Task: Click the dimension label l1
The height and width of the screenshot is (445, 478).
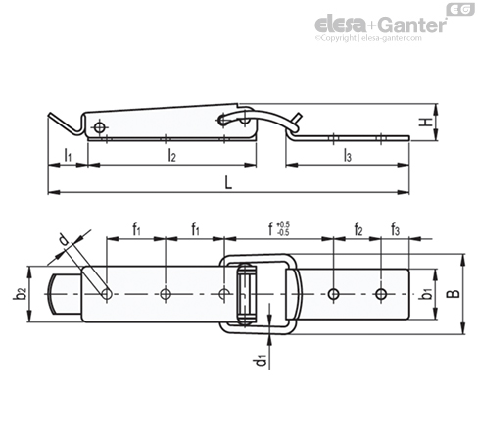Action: click(x=68, y=155)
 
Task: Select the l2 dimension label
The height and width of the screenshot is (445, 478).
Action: click(x=171, y=155)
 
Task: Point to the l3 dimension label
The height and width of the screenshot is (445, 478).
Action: click(x=348, y=156)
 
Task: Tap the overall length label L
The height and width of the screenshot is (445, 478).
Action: click(x=228, y=182)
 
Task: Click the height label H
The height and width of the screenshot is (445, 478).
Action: click(x=426, y=123)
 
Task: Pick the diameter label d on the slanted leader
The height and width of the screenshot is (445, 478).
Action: click(x=63, y=241)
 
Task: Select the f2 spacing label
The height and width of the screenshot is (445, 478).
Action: click(x=358, y=229)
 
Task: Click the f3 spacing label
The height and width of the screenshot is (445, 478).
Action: click(x=395, y=229)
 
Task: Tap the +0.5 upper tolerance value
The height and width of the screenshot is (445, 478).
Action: click(x=283, y=224)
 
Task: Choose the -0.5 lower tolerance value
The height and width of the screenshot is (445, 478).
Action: click(x=283, y=232)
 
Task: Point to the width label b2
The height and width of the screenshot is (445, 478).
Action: click(x=20, y=294)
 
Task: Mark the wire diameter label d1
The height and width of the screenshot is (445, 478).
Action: click(x=261, y=360)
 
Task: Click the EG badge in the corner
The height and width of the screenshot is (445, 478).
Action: click(x=460, y=9)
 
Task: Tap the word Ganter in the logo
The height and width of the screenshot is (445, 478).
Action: click(x=413, y=25)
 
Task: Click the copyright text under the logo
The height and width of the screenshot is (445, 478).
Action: click(x=368, y=38)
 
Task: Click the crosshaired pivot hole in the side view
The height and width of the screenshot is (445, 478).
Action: click(x=99, y=127)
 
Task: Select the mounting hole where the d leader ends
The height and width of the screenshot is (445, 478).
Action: click(x=107, y=294)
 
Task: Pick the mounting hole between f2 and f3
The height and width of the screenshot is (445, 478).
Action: click(x=381, y=294)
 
